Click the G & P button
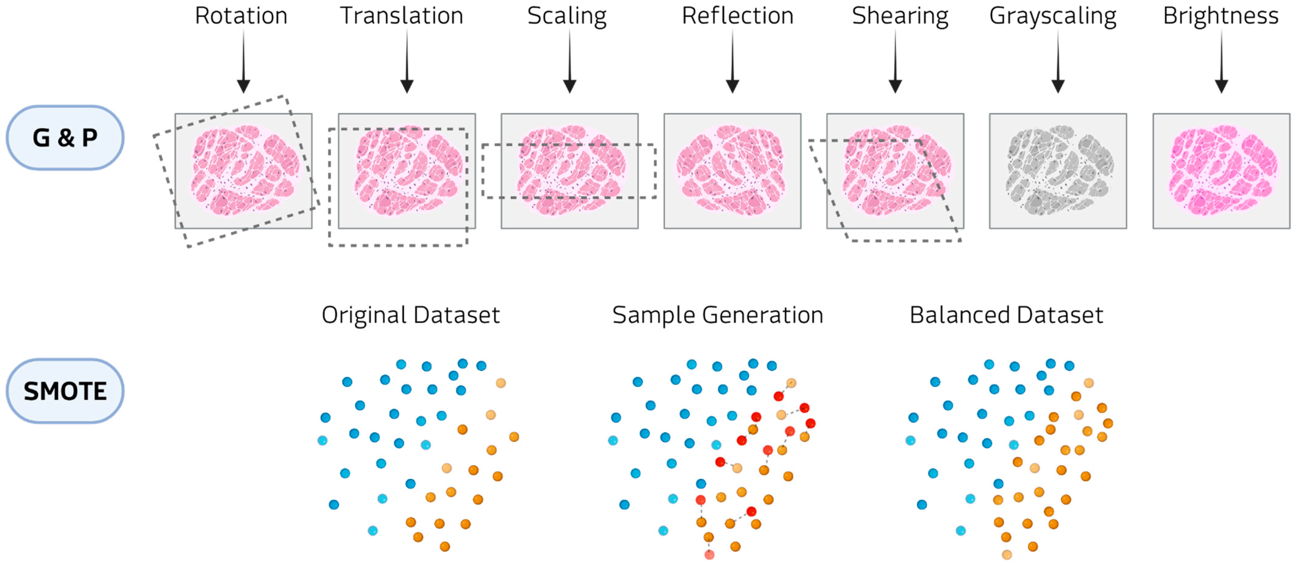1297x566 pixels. point(65,137)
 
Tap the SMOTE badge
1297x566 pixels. point(65,391)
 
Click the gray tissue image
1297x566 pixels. point(1058,170)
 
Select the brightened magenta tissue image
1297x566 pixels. point(1222,170)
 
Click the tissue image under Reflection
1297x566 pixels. point(732,170)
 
